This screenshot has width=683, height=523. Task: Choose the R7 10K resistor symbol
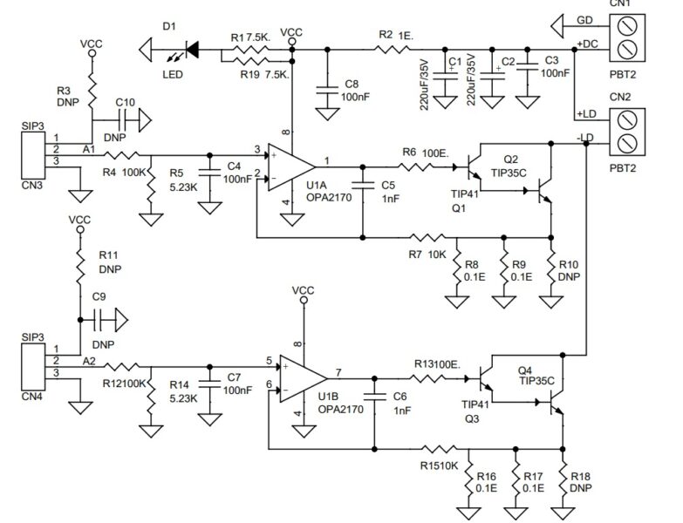click(x=427, y=236)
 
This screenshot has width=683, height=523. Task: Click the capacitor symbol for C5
click(x=361, y=185)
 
